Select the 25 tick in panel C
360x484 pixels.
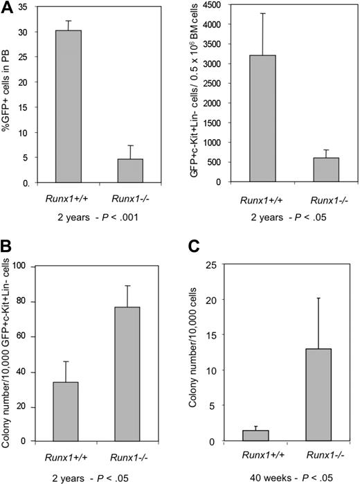click(x=224, y=266)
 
